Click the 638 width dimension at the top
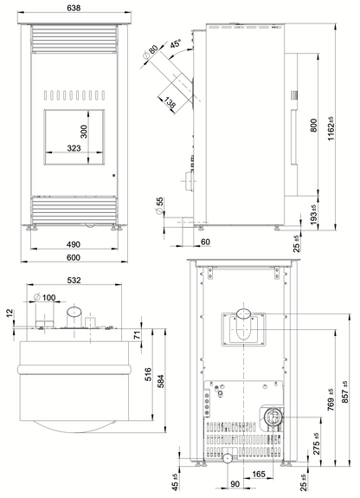click(74, 8)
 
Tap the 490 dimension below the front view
click(74, 244)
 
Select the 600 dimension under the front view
click(74, 257)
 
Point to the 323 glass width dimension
click(74, 148)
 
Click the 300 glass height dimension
click(84, 132)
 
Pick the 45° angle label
click(175, 43)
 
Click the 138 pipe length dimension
click(170, 103)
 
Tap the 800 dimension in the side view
click(313, 125)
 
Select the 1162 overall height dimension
click(331, 128)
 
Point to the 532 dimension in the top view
click(74, 280)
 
